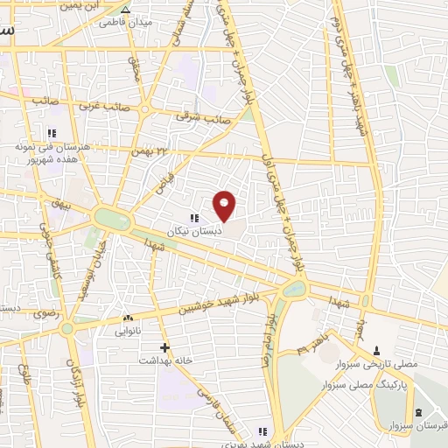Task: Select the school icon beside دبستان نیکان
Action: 193,218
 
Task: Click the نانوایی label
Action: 129,332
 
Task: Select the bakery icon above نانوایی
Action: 129,319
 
